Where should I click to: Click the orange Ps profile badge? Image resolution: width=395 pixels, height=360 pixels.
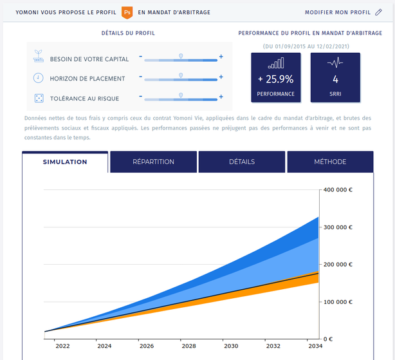pos(127,12)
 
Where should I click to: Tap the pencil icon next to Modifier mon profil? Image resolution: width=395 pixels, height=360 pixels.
pos(378,12)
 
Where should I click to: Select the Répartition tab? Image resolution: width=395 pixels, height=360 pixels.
pos(153,162)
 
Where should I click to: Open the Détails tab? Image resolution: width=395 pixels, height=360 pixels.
pos(242,162)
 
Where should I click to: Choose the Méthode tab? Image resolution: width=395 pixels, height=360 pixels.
pos(330,162)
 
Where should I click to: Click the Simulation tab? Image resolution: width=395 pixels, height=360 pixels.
pos(65,162)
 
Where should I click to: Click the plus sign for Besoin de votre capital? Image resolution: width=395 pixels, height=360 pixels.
pos(221,57)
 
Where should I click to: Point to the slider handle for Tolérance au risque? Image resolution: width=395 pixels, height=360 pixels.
pos(181,96)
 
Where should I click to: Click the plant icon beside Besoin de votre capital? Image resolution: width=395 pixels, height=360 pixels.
pos(38,58)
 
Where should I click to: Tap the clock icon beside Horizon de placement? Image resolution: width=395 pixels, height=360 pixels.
pos(38,78)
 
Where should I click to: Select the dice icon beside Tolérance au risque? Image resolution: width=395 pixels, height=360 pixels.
pos(38,98)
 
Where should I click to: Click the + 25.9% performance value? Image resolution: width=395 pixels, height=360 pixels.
pos(275,79)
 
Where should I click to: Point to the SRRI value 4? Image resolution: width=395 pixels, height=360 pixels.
pos(335,79)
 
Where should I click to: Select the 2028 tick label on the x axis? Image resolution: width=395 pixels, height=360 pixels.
pos(188,346)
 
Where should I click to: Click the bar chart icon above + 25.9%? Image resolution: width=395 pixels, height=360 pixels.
pos(275,63)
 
